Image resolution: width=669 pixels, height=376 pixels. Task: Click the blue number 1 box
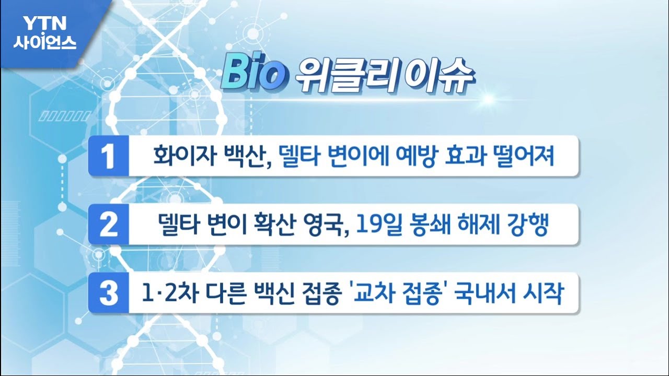[108, 156]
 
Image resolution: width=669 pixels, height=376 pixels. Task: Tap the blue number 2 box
[108, 225]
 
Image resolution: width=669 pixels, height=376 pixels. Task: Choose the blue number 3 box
[108, 293]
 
